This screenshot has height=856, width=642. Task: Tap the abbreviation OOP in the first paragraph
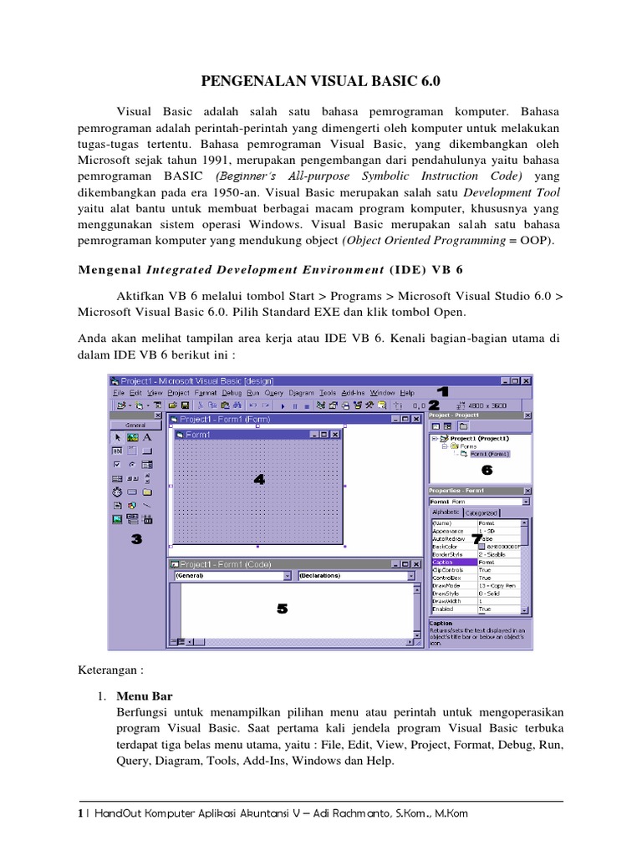click(x=534, y=241)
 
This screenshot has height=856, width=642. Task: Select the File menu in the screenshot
click(x=119, y=392)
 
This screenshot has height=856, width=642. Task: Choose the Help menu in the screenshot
click(x=407, y=392)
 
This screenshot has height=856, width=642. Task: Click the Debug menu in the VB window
click(x=232, y=392)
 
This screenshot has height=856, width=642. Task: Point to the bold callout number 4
click(x=259, y=479)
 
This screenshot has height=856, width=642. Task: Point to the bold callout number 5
click(x=282, y=609)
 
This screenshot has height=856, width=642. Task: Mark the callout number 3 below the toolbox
click(x=136, y=540)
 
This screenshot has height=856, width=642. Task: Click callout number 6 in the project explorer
click(x=487, y=470)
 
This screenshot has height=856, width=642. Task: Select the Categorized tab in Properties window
click(x=481, y=512)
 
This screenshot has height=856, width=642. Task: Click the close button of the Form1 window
click(x=335, y=435)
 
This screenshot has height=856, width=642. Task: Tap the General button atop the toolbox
click(x=135, y=425)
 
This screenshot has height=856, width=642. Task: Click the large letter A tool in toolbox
click(x=147, y=436)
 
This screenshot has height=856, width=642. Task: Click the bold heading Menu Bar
click(x=145, y=695)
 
